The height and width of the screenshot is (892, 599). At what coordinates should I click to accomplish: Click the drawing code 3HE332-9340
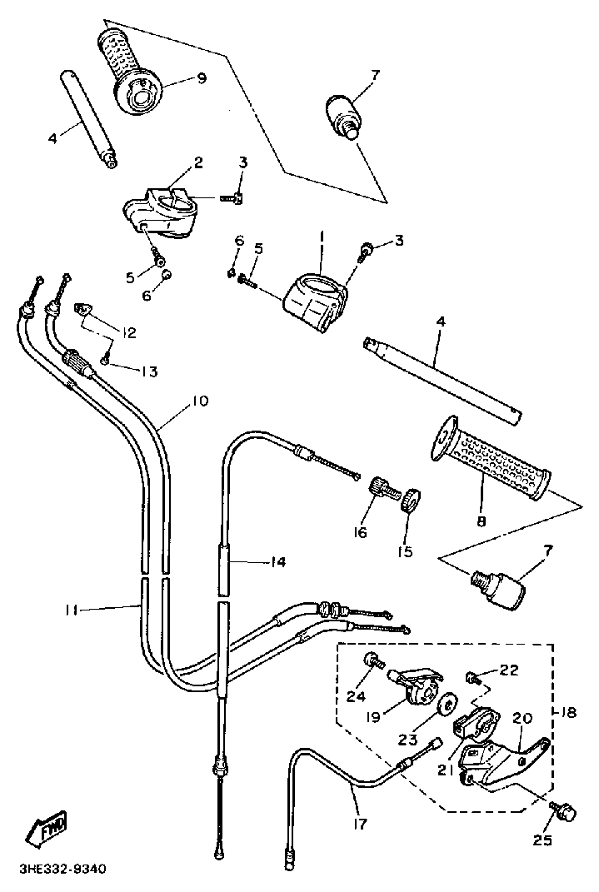coord(62,870)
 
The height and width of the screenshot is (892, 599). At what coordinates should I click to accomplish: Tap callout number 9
coord(202,78)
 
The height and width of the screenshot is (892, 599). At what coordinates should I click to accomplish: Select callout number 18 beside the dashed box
coord(568,711)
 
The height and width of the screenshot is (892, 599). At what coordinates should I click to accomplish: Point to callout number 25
coord(542,839)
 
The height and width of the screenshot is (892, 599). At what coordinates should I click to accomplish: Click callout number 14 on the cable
coord(278,562)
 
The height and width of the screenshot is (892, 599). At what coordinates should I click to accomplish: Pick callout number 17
coord(360,823)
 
